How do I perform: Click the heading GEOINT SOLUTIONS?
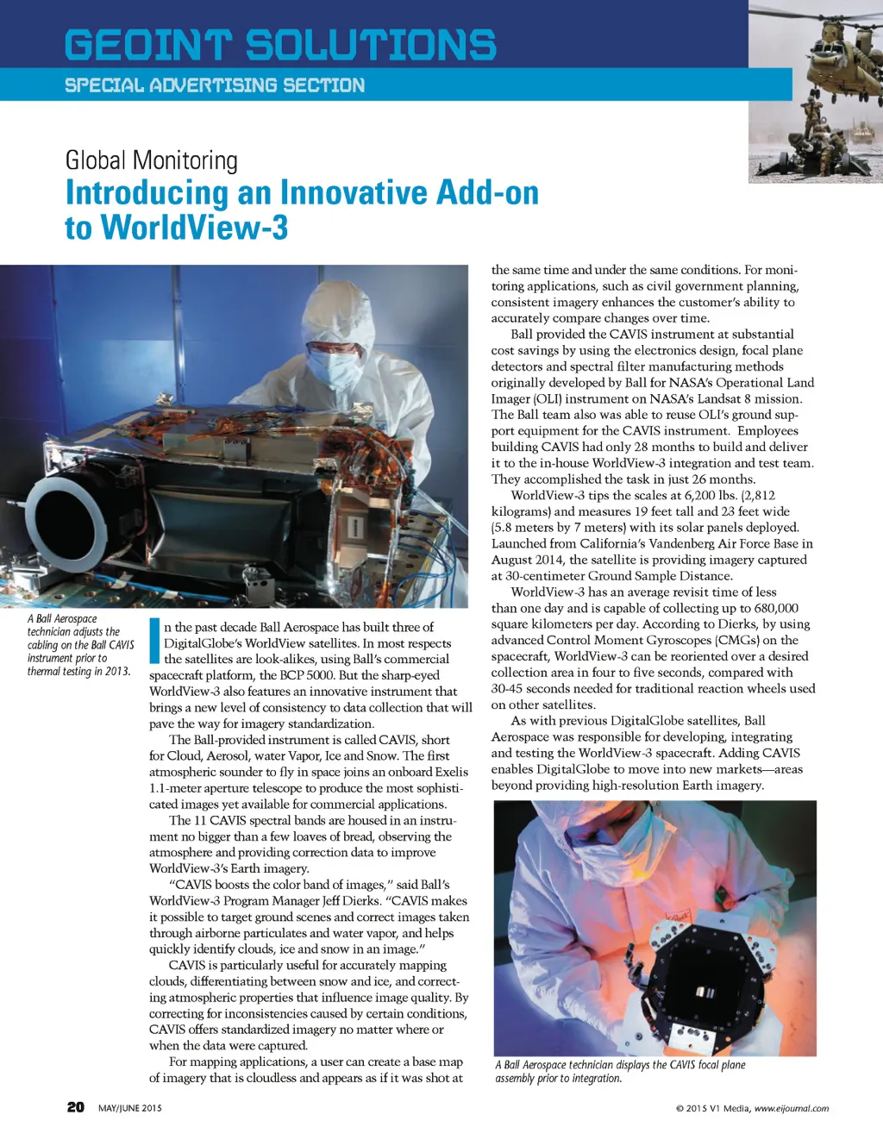280,45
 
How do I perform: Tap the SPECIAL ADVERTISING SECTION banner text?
215,85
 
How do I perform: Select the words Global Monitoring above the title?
152,160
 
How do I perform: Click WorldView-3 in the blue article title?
194,229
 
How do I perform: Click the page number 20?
76,1107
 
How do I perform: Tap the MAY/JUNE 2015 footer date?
130,1108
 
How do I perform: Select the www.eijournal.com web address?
791,1109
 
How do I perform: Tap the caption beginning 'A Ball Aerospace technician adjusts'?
80,644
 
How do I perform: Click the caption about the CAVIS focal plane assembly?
620,1071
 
